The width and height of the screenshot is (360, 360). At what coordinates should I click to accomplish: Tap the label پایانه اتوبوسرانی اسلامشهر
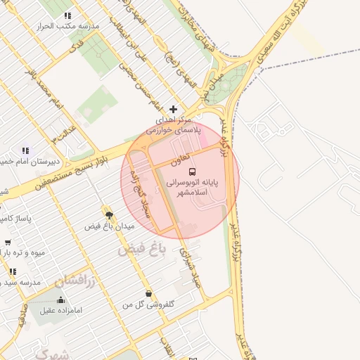pos(193,186)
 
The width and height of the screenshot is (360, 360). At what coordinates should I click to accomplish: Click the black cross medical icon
pos(174,110)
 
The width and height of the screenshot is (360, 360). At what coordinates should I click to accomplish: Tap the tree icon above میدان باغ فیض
pos(108,214)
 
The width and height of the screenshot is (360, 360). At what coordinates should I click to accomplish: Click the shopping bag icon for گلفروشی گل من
pos(148,293)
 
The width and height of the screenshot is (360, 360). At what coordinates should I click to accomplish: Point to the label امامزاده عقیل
pos(62,309)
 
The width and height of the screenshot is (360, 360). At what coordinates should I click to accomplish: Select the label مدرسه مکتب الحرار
pos(68,26)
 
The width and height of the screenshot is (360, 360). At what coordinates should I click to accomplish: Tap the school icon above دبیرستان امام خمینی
pos(25,150)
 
